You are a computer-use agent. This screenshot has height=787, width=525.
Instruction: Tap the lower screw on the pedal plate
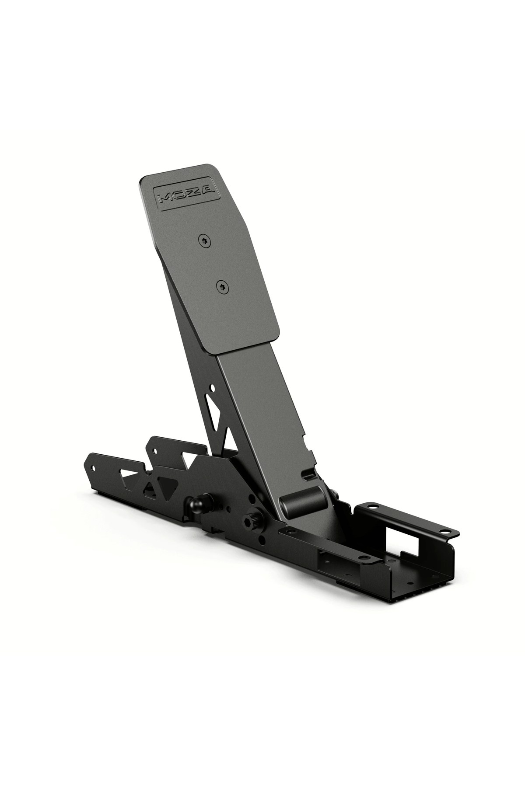pyautogui.click(x=222, y=286)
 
